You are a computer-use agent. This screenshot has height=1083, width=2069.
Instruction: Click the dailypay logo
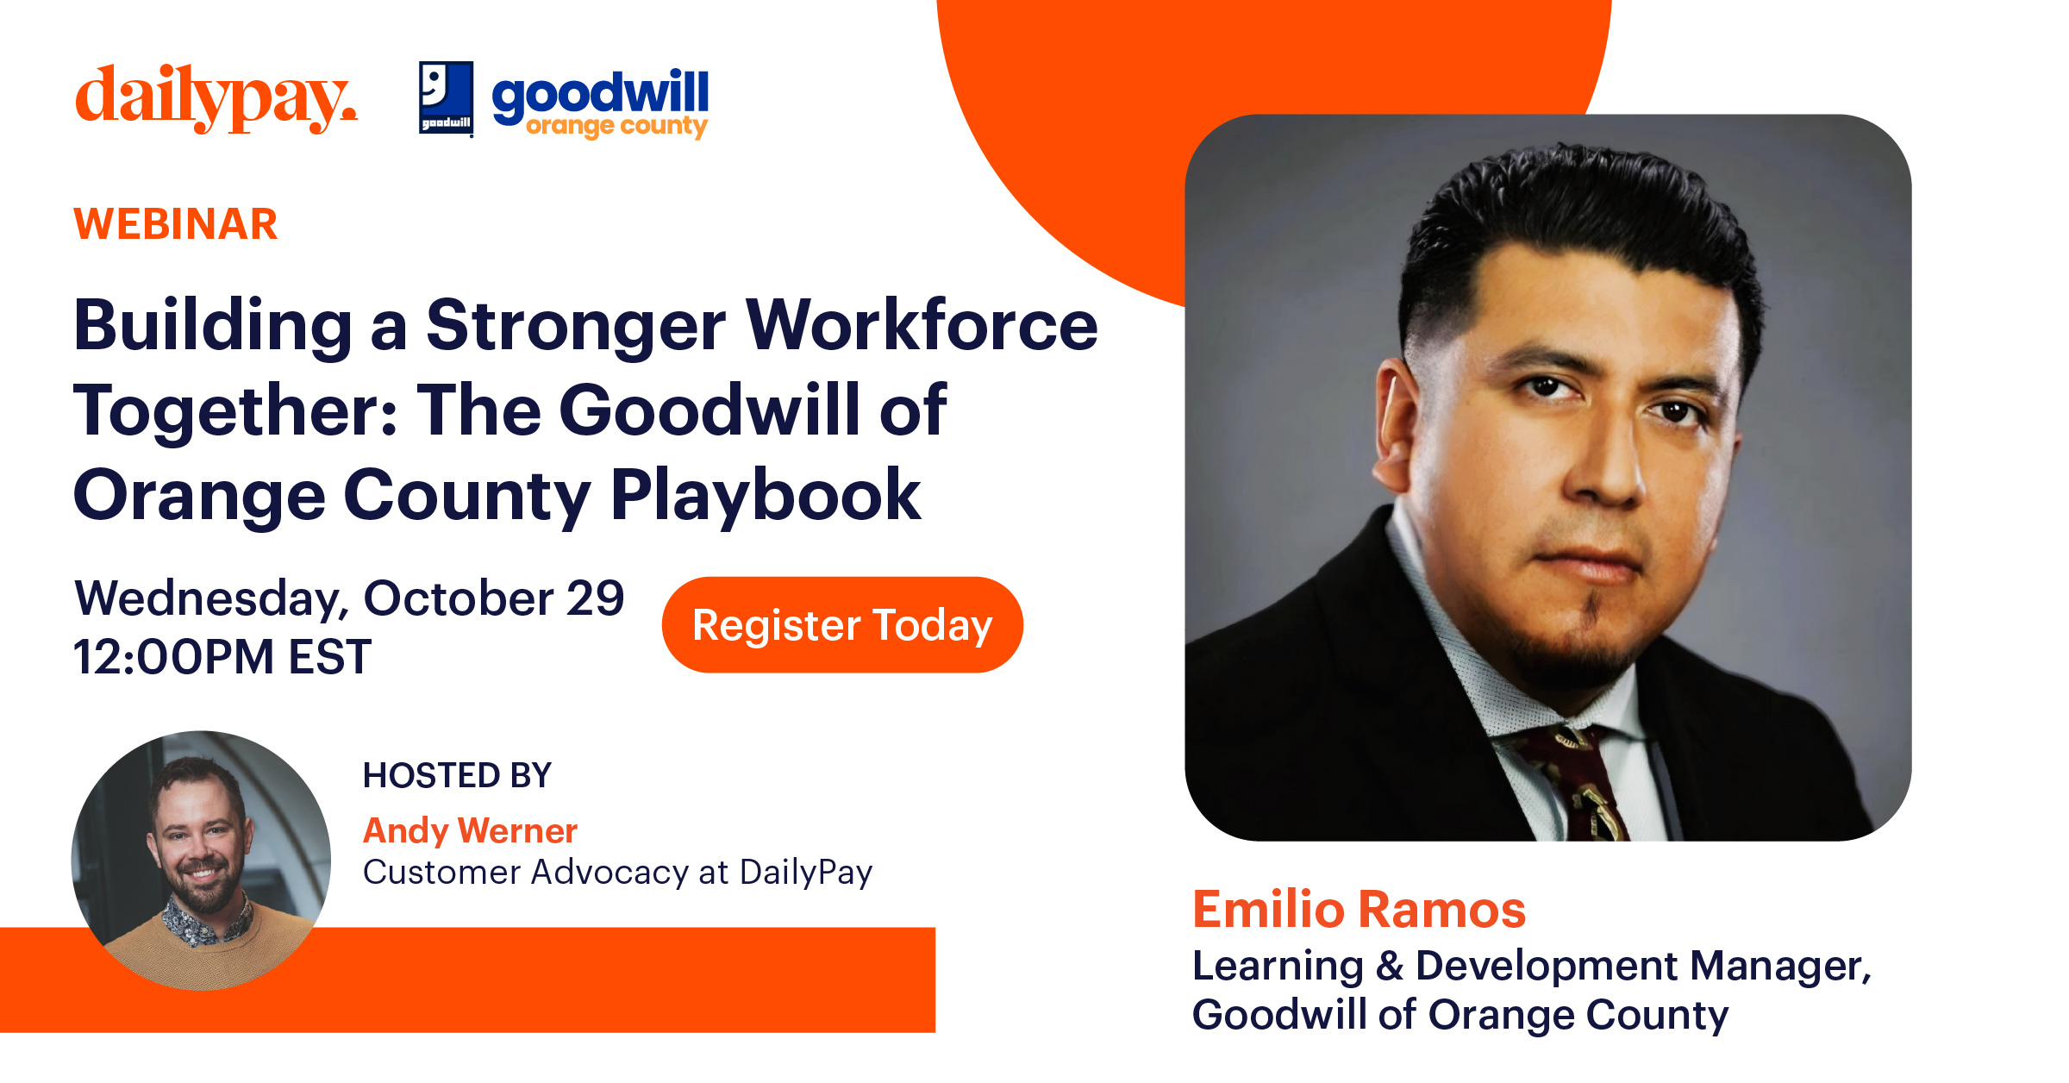(216, 98)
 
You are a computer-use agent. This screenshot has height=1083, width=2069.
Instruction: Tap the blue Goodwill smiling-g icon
(446, 97)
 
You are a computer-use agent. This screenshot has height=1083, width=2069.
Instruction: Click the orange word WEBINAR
(176, 224)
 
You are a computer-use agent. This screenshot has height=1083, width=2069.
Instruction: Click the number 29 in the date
(595, 598)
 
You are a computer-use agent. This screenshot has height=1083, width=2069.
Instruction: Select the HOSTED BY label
(457, 775)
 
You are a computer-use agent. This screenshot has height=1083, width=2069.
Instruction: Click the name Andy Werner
(470, 830)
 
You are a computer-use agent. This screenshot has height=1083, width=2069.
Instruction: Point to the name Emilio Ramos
(1359, 910)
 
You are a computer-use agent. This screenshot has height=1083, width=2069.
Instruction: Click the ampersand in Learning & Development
(1390, 966)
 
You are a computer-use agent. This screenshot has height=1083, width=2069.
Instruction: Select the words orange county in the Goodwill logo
(616, 127)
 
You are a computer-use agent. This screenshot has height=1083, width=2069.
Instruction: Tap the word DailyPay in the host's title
(806, 873)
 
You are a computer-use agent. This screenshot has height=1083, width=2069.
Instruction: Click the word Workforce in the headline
(922, 326)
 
